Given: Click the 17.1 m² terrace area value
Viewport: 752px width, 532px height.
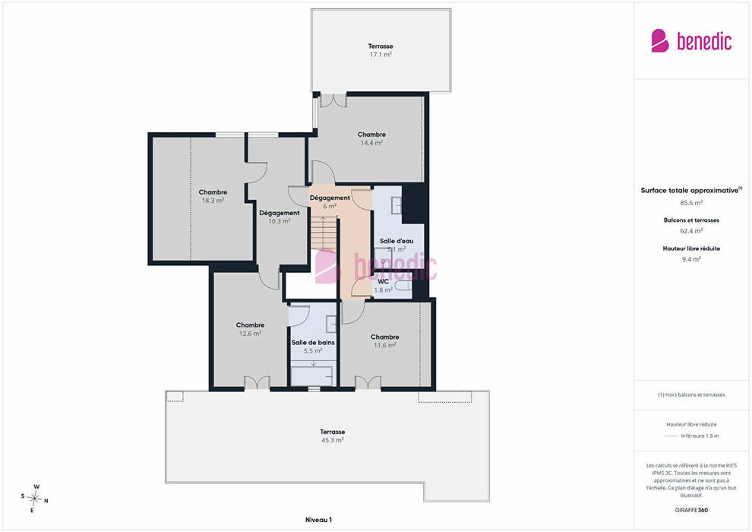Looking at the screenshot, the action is click(x=381, y=55).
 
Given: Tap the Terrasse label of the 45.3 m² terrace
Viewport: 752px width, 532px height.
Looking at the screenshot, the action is click(x=333, y=432).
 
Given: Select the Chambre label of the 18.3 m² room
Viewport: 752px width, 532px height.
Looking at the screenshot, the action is click(x=213, y=192).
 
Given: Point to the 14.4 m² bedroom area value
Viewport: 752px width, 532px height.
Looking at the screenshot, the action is click(x=371, y=143).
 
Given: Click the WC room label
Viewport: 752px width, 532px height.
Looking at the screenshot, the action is click(x=383, y=282).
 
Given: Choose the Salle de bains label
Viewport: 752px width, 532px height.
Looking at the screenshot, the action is click(x=313, y=343).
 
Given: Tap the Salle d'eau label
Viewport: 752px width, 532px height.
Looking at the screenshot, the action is click(x=397, y=241).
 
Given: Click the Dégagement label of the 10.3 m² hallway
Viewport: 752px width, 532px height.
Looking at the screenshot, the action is click(x=280, y=213).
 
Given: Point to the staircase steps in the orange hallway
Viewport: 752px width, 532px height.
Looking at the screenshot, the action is click(x=324, y=233).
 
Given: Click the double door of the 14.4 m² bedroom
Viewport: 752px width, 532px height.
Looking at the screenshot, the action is click(x=333, y=100).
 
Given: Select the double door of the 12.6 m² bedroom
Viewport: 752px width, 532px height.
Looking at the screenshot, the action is click(x=257, y=383).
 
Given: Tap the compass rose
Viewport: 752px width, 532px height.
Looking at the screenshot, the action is click(x=34, y=499).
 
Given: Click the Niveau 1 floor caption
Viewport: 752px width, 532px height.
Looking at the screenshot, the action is click(x=318, y=520).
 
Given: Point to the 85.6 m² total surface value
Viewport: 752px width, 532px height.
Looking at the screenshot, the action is click(x=691, y=203).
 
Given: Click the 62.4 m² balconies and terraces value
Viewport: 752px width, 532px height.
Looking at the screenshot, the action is click(x=691, y=231).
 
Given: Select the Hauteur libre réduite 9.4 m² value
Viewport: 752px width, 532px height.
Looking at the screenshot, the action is click(x=691, y=259).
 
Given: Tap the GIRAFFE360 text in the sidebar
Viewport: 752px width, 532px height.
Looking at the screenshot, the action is click(x=691, y=510).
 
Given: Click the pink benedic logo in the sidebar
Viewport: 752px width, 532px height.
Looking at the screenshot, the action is click(x=691, y=41).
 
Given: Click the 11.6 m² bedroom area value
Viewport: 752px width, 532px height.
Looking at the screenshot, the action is click(x=385, y=345).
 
